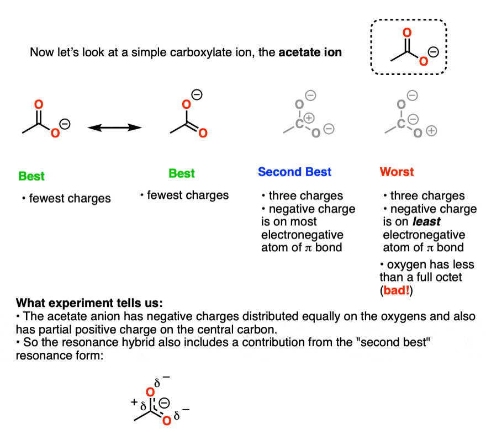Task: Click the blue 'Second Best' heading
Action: point(294,172)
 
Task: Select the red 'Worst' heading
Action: point(396,172)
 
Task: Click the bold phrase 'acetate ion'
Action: point(310,53)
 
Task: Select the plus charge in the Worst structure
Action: point(432,131)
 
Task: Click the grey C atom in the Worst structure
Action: point(408,124)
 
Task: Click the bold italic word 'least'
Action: point(425,221)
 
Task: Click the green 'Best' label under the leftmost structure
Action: point(31,176)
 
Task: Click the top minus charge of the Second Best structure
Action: point(310,97)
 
